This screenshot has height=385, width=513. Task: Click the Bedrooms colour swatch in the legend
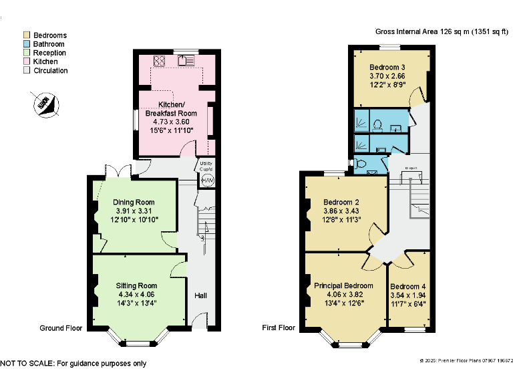(26, 35)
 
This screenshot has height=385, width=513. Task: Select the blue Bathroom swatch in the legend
(26, 44)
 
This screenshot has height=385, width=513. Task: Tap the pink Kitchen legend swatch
(26, 61)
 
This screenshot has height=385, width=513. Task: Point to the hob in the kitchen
(160, 61)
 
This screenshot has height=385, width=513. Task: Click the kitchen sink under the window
(186, 61)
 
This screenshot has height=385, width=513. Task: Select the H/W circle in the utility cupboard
(207, 181)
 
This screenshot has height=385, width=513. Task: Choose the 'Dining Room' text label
(134, 203)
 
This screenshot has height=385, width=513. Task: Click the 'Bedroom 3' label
(387, 68)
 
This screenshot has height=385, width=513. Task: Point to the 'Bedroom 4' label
(408, 285)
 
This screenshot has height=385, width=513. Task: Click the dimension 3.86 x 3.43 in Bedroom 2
(341, 211)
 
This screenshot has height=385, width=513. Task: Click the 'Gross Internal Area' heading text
(415, 31)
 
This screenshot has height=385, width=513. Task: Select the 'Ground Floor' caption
(61, 328)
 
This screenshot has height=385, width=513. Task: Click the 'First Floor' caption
(279, 328)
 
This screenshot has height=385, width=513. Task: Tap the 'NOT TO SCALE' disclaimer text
(73, 364)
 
